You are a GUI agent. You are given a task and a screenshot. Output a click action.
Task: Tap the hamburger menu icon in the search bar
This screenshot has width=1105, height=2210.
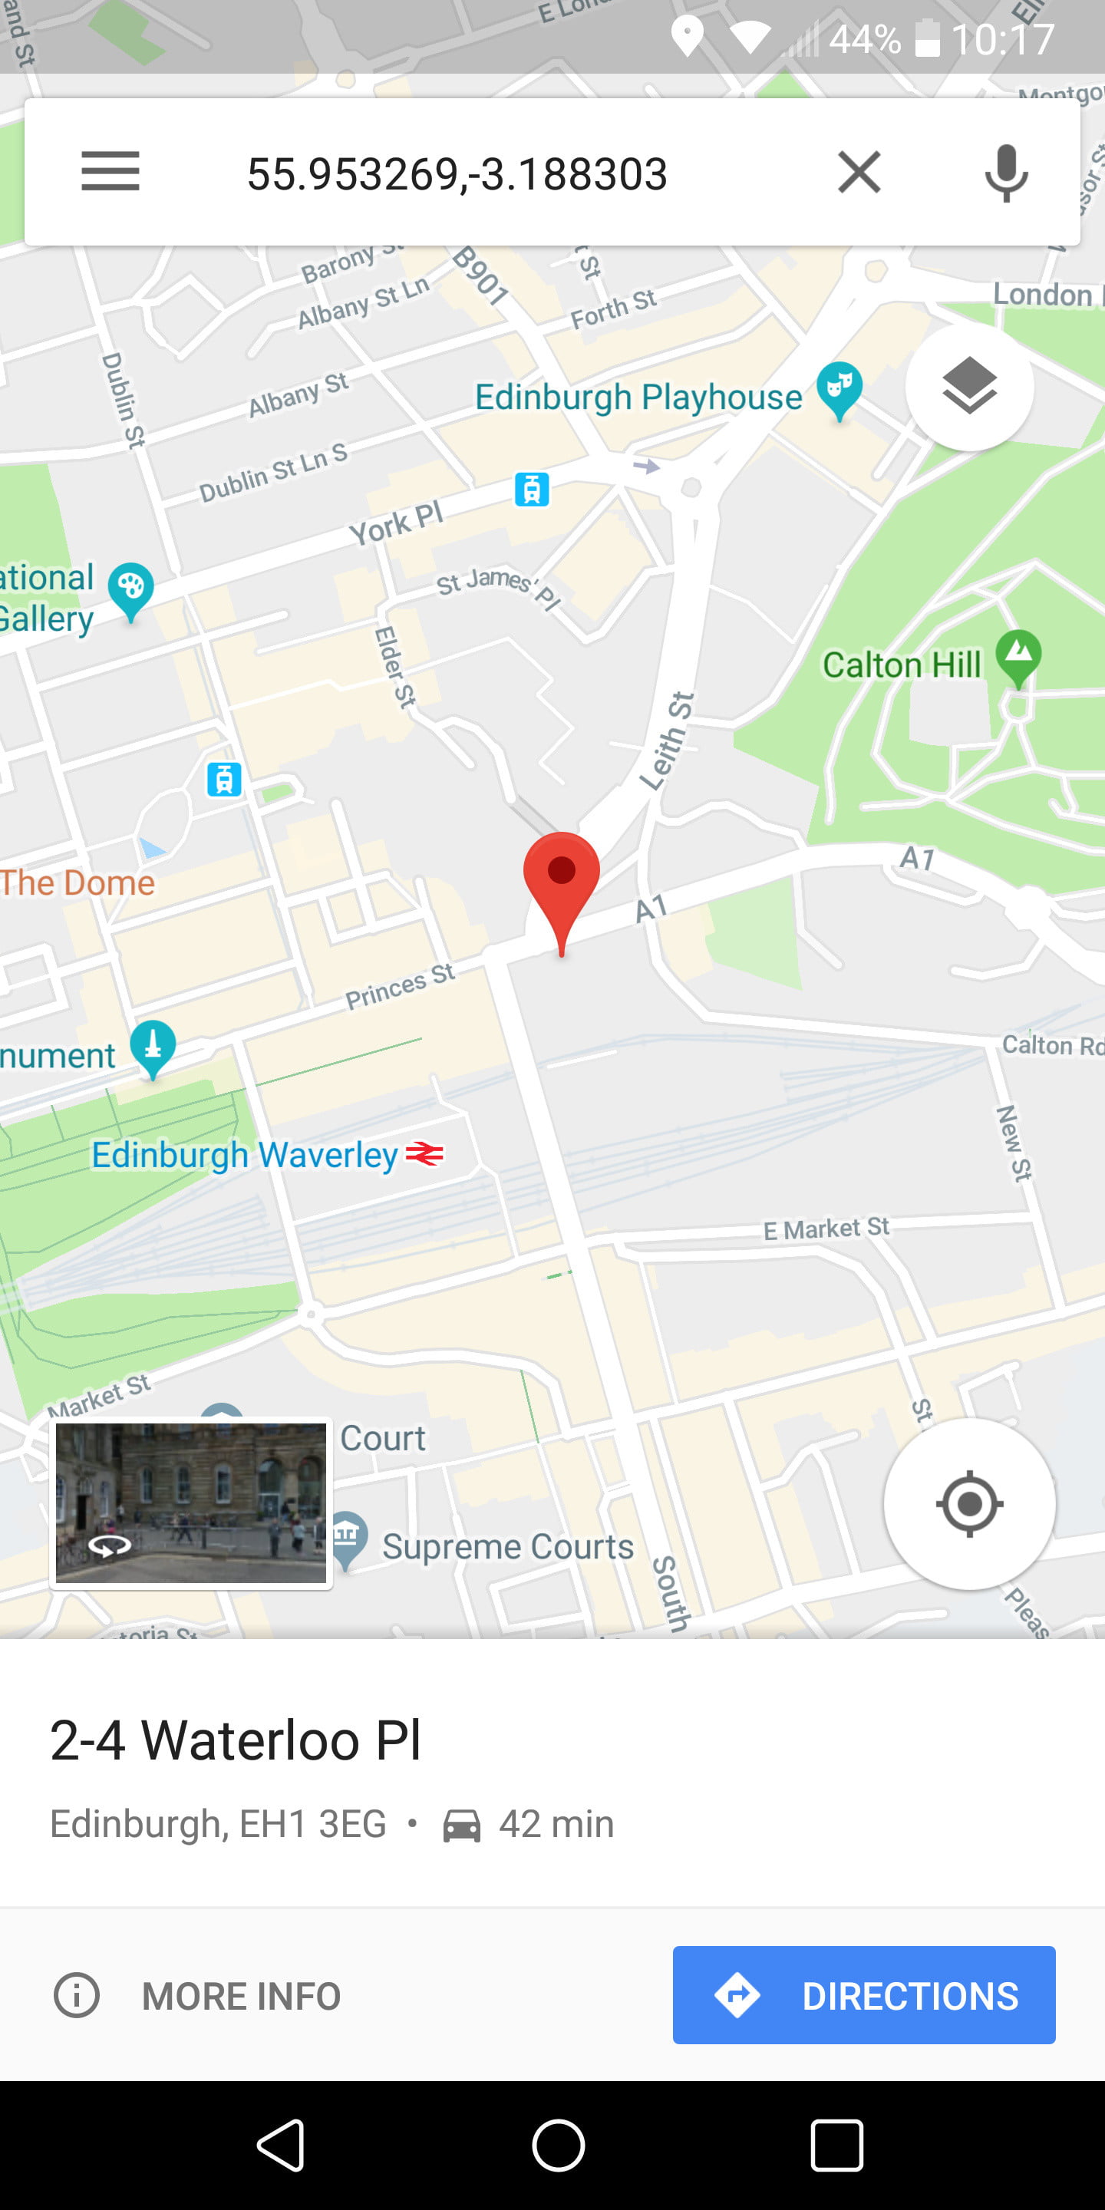[x=110, y=172]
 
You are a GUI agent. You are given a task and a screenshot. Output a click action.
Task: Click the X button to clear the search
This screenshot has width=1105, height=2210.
[x=859, y=173]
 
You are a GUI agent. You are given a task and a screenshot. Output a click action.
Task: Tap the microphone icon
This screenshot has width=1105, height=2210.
[x=1005, y=173]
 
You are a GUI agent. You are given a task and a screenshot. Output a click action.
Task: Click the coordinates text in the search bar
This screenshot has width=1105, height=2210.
[x=457, y=174]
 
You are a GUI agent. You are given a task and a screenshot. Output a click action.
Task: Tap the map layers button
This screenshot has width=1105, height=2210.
[x=969, y=387]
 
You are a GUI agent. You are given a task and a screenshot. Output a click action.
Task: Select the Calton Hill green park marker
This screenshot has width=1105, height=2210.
[x=1018, y=656]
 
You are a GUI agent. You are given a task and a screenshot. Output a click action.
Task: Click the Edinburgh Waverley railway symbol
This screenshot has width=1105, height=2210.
[x=424, y=1154]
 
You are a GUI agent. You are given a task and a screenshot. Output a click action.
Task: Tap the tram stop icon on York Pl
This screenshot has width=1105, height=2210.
[x=532, y=489]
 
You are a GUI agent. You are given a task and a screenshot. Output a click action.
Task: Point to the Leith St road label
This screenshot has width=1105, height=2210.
[x=668, y=741]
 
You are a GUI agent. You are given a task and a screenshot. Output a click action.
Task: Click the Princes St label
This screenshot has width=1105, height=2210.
[x=400, y=986]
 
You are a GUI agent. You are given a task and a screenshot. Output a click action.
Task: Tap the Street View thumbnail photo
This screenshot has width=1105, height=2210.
[x=190, y=1503]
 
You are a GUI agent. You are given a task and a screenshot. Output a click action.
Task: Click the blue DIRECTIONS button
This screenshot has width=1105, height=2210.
[x=863, y=1994]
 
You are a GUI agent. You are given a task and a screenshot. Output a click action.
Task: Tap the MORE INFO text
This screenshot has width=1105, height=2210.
[x=241, y=1995]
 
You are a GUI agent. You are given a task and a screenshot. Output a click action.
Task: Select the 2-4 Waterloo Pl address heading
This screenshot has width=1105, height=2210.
[x=236, y=1740]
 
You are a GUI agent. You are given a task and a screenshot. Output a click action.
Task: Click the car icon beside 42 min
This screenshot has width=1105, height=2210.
[x=461, y=1825]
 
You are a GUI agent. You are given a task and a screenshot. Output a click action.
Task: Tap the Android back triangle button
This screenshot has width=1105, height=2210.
[x=281, y=2145]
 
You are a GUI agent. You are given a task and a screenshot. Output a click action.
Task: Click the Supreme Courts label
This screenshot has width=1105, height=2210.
[x=507, y=1546]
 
